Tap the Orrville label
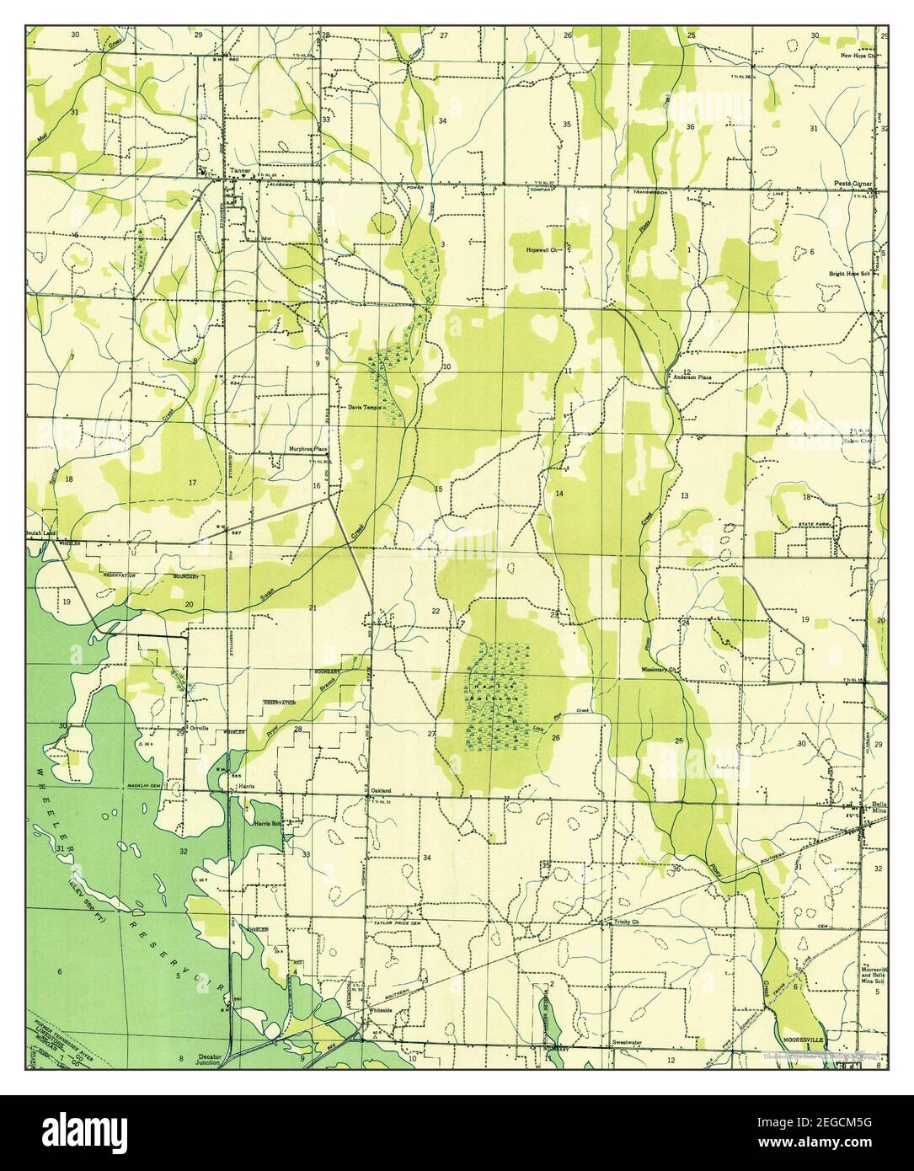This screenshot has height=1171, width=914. [198, 727]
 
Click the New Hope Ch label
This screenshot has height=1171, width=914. [858, 56]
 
